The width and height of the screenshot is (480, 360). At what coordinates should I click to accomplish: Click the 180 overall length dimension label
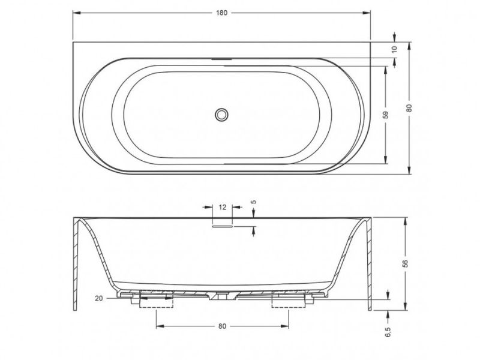click(221, 13)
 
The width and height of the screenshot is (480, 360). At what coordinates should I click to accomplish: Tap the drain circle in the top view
click(221, 115)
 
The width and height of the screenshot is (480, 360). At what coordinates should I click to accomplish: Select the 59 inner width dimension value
click(386, 115)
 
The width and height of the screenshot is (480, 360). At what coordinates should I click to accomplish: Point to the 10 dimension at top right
click(394, 49)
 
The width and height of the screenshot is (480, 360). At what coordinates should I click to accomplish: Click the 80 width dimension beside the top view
click(410, 108)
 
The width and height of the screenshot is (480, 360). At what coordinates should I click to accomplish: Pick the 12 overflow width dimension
click(223, 207)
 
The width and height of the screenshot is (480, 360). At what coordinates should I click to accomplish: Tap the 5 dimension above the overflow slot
click(253, 202)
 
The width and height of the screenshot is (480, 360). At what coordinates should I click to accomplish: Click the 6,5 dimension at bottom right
click(388, 332)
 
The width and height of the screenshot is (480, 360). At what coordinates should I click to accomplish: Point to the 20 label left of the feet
click(98, 298)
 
